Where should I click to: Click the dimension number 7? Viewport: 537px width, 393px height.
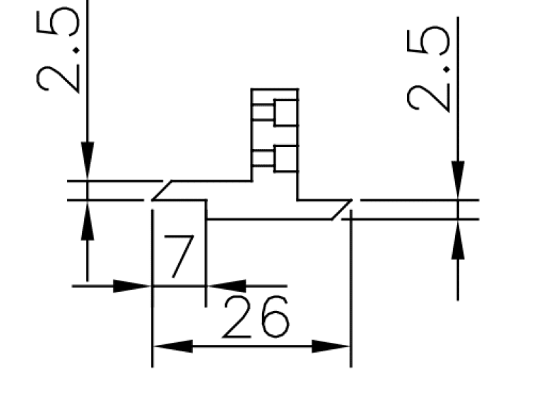179,256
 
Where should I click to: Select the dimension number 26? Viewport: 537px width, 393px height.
256,317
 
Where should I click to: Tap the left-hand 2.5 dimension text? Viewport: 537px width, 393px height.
58,49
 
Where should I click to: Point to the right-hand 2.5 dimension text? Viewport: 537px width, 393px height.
428,69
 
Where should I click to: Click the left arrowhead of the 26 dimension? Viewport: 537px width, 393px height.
173,346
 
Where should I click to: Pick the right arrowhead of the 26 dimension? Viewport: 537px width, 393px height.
331,346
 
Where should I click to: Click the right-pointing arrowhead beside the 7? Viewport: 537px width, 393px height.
132,286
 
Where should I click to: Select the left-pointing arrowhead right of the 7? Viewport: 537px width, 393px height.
226,286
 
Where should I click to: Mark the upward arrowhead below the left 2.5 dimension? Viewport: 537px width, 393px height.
88,220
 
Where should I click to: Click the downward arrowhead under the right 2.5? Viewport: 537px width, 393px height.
458,180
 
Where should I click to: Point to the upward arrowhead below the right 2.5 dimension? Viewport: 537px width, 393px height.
458,239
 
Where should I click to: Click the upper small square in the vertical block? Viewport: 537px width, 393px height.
286,112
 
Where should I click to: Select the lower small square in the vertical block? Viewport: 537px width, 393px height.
286,158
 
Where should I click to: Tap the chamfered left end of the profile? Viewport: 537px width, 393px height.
162,190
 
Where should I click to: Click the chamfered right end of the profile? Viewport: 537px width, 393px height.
342,209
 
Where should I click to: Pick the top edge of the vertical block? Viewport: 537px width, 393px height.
275,89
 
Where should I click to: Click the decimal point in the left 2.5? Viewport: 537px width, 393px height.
76,51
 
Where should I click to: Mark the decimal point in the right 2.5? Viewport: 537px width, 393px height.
447,69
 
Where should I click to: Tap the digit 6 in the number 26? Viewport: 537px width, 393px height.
276,317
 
